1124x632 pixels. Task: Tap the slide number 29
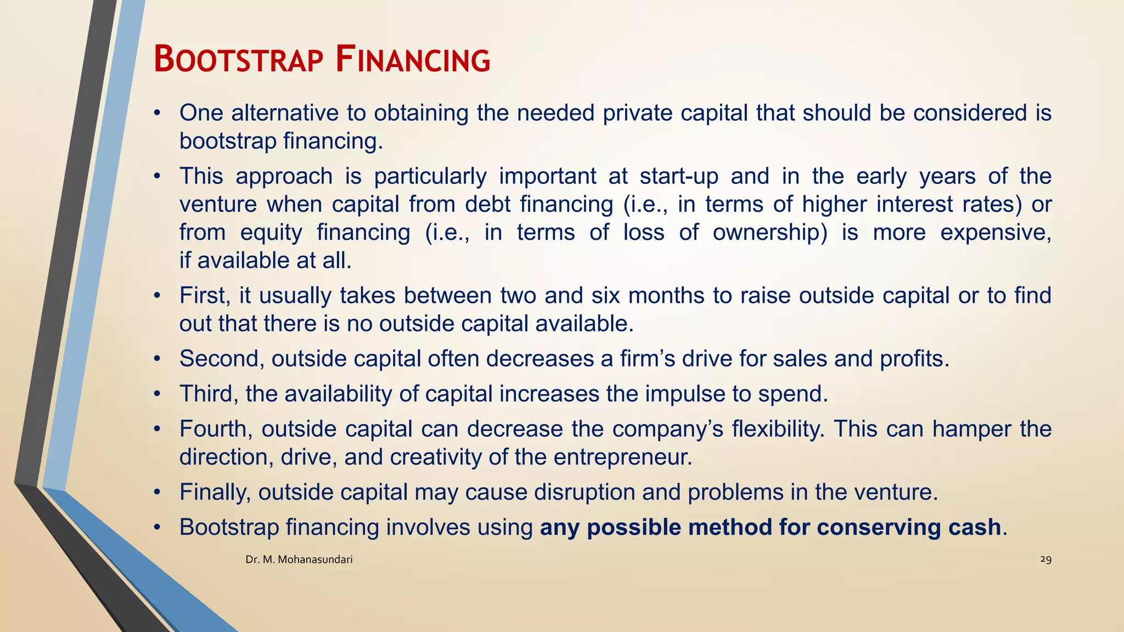[x=1046, y=559]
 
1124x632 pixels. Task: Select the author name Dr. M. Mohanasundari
[x=299, y=560]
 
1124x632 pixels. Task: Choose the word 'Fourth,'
[x=216, y=429]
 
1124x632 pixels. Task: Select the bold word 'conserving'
[x=874, y=528]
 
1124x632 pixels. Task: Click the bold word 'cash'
[x=974, y=527]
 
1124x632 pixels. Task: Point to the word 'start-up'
[x=679, y=177]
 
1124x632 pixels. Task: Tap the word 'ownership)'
[x=770, y=233]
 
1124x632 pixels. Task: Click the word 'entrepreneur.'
[x=623, y=457]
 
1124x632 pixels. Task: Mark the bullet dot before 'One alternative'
[x=157, y=114]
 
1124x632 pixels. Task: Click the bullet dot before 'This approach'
[x=157, y=177]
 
